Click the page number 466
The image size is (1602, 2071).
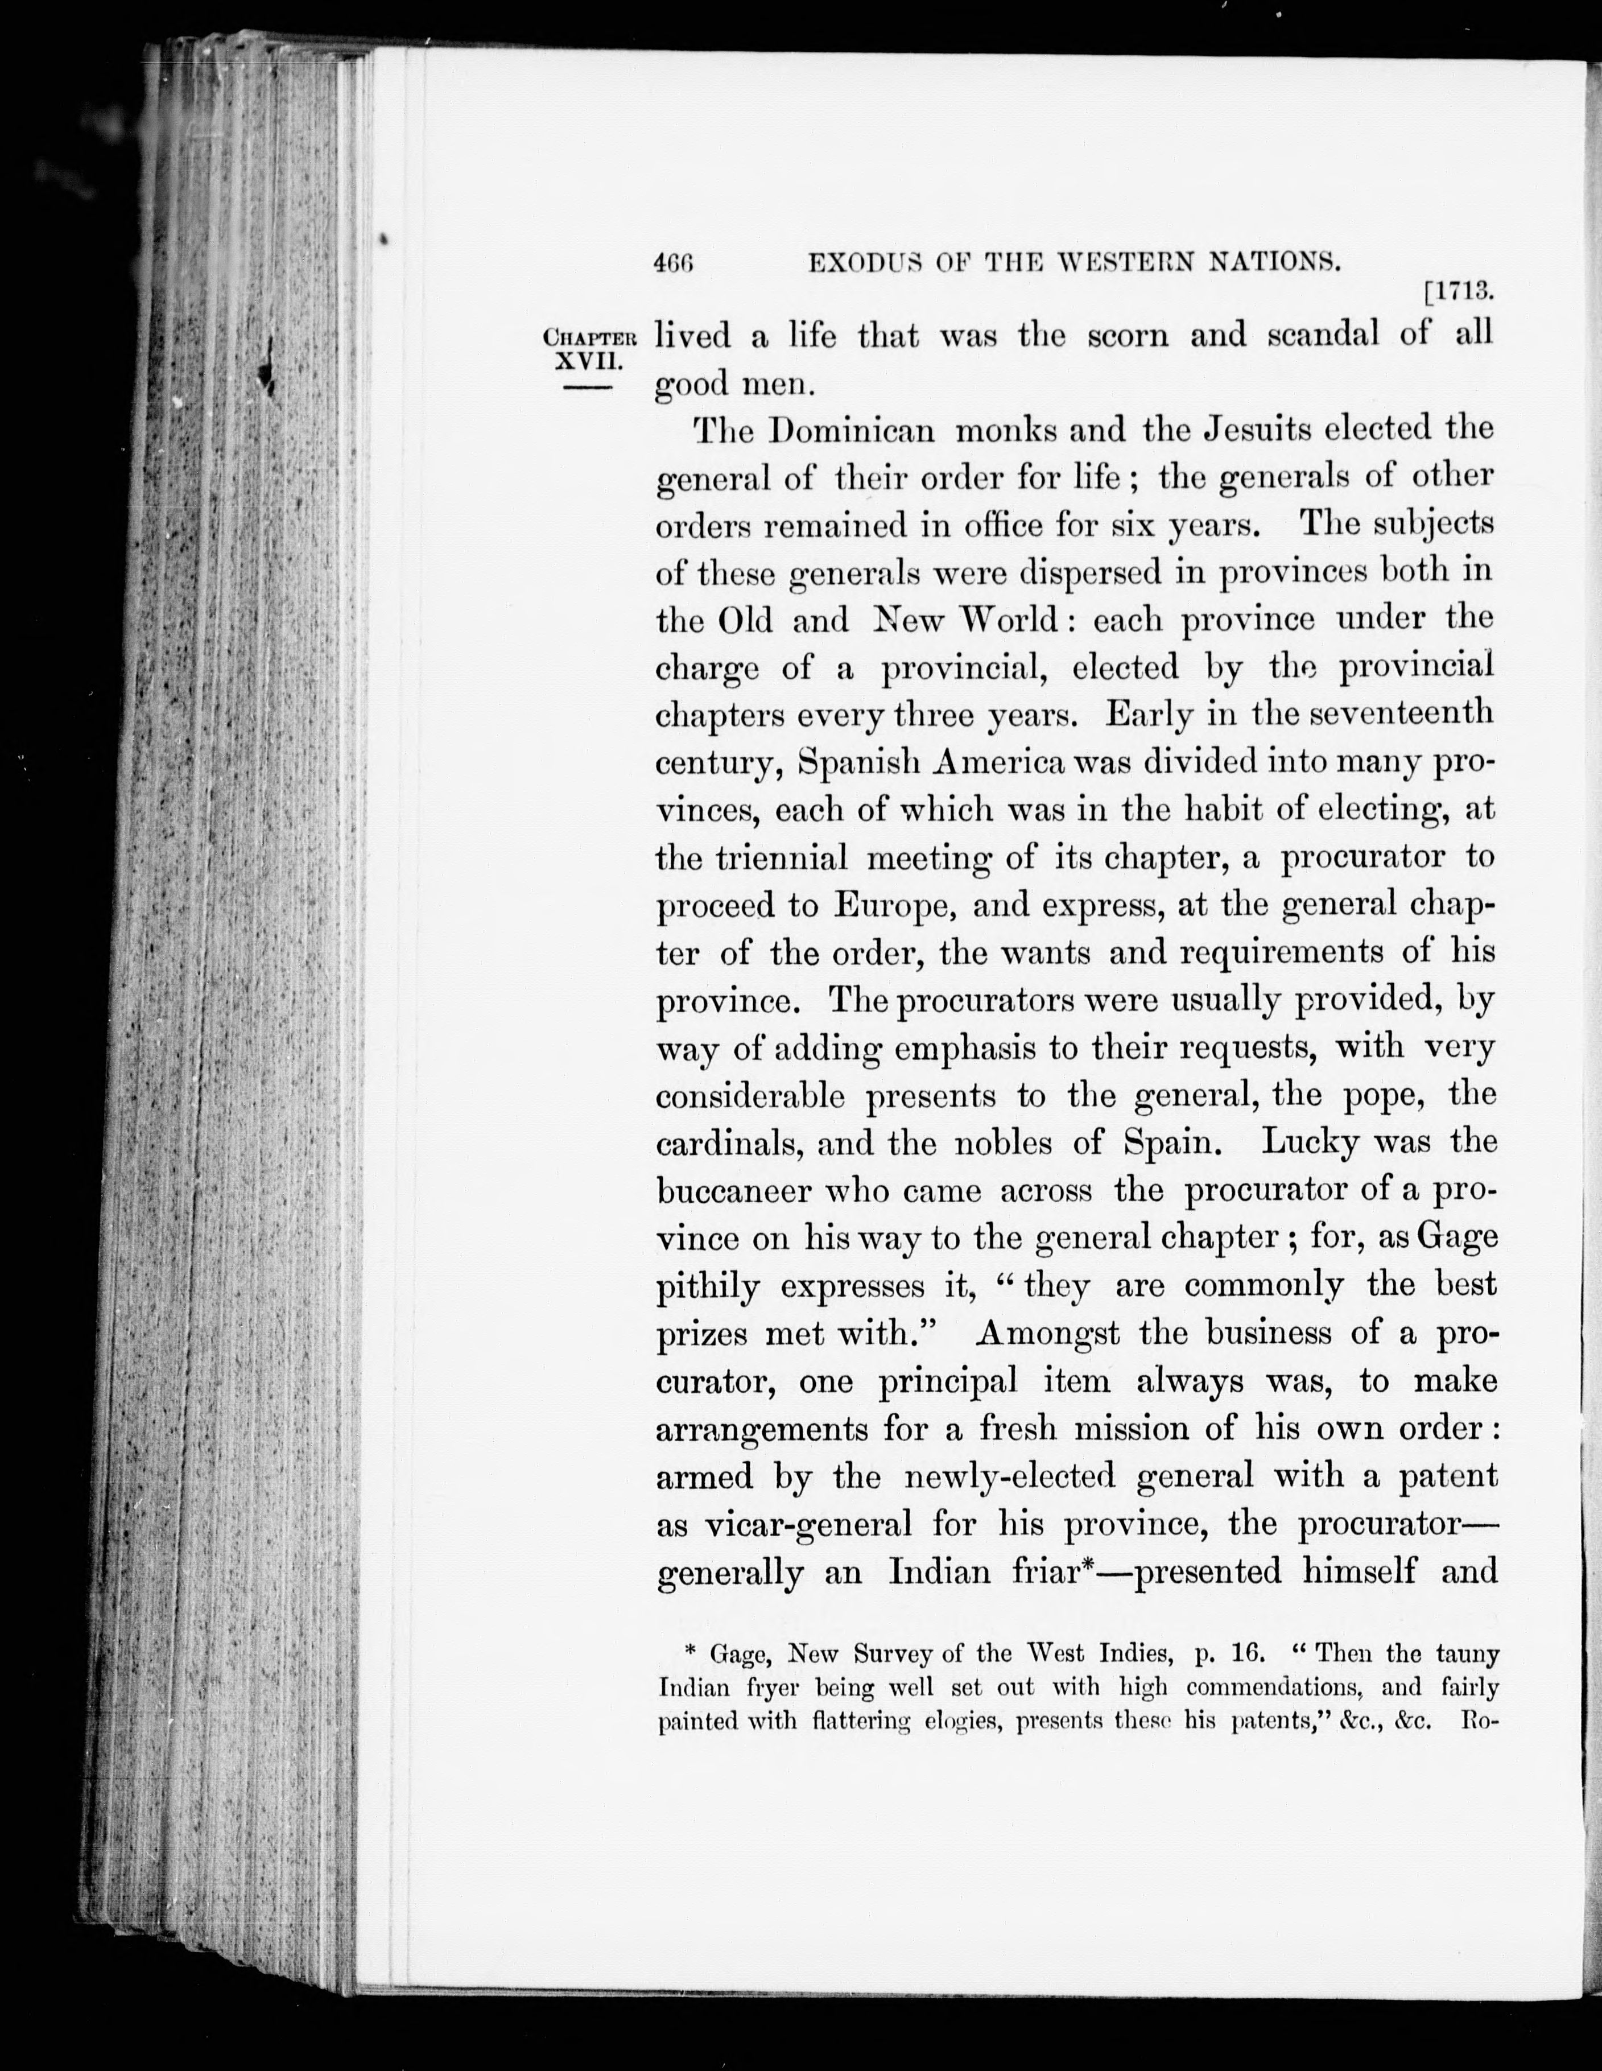674,263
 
